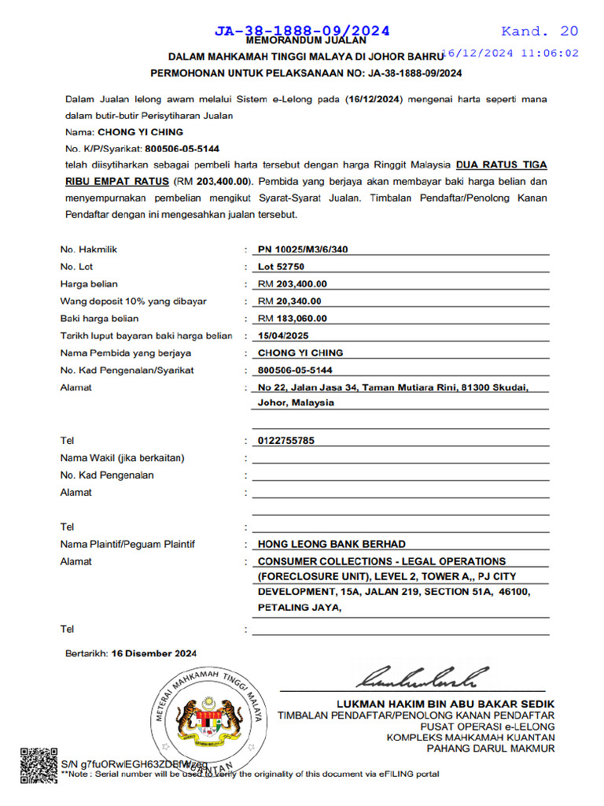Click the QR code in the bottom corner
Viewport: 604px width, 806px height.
[x=39, y=765]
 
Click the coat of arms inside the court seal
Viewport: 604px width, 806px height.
[x=209, y=719]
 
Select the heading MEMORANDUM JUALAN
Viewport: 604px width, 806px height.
[x=306, y=40]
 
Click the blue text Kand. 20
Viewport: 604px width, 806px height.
[x=540, y=31]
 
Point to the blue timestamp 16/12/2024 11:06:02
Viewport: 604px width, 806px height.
[x=511, y=54]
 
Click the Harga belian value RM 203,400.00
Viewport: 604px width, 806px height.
[x=293, y=284]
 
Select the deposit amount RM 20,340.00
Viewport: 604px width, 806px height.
[x=289, y=301]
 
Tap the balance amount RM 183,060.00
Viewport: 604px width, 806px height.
[x=293, y=319]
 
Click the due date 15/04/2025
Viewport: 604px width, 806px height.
[x=282, y=336]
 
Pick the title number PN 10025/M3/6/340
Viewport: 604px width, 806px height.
[x=303, y=250]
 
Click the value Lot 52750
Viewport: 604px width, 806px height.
[x=281, y=267]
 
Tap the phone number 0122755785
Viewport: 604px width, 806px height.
[x=286, y=441]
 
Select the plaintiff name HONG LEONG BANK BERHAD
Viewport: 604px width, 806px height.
[x=332, y=544]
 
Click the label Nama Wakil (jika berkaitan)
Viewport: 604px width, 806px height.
[x=122, y=458]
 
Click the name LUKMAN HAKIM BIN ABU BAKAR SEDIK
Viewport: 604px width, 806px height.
[x=445, y=704]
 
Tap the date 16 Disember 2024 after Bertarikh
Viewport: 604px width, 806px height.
[x=154, y=653]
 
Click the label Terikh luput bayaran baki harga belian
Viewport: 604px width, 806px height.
[x=146, y=336]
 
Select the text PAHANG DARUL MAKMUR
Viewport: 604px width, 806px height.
[x=491, y=749]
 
